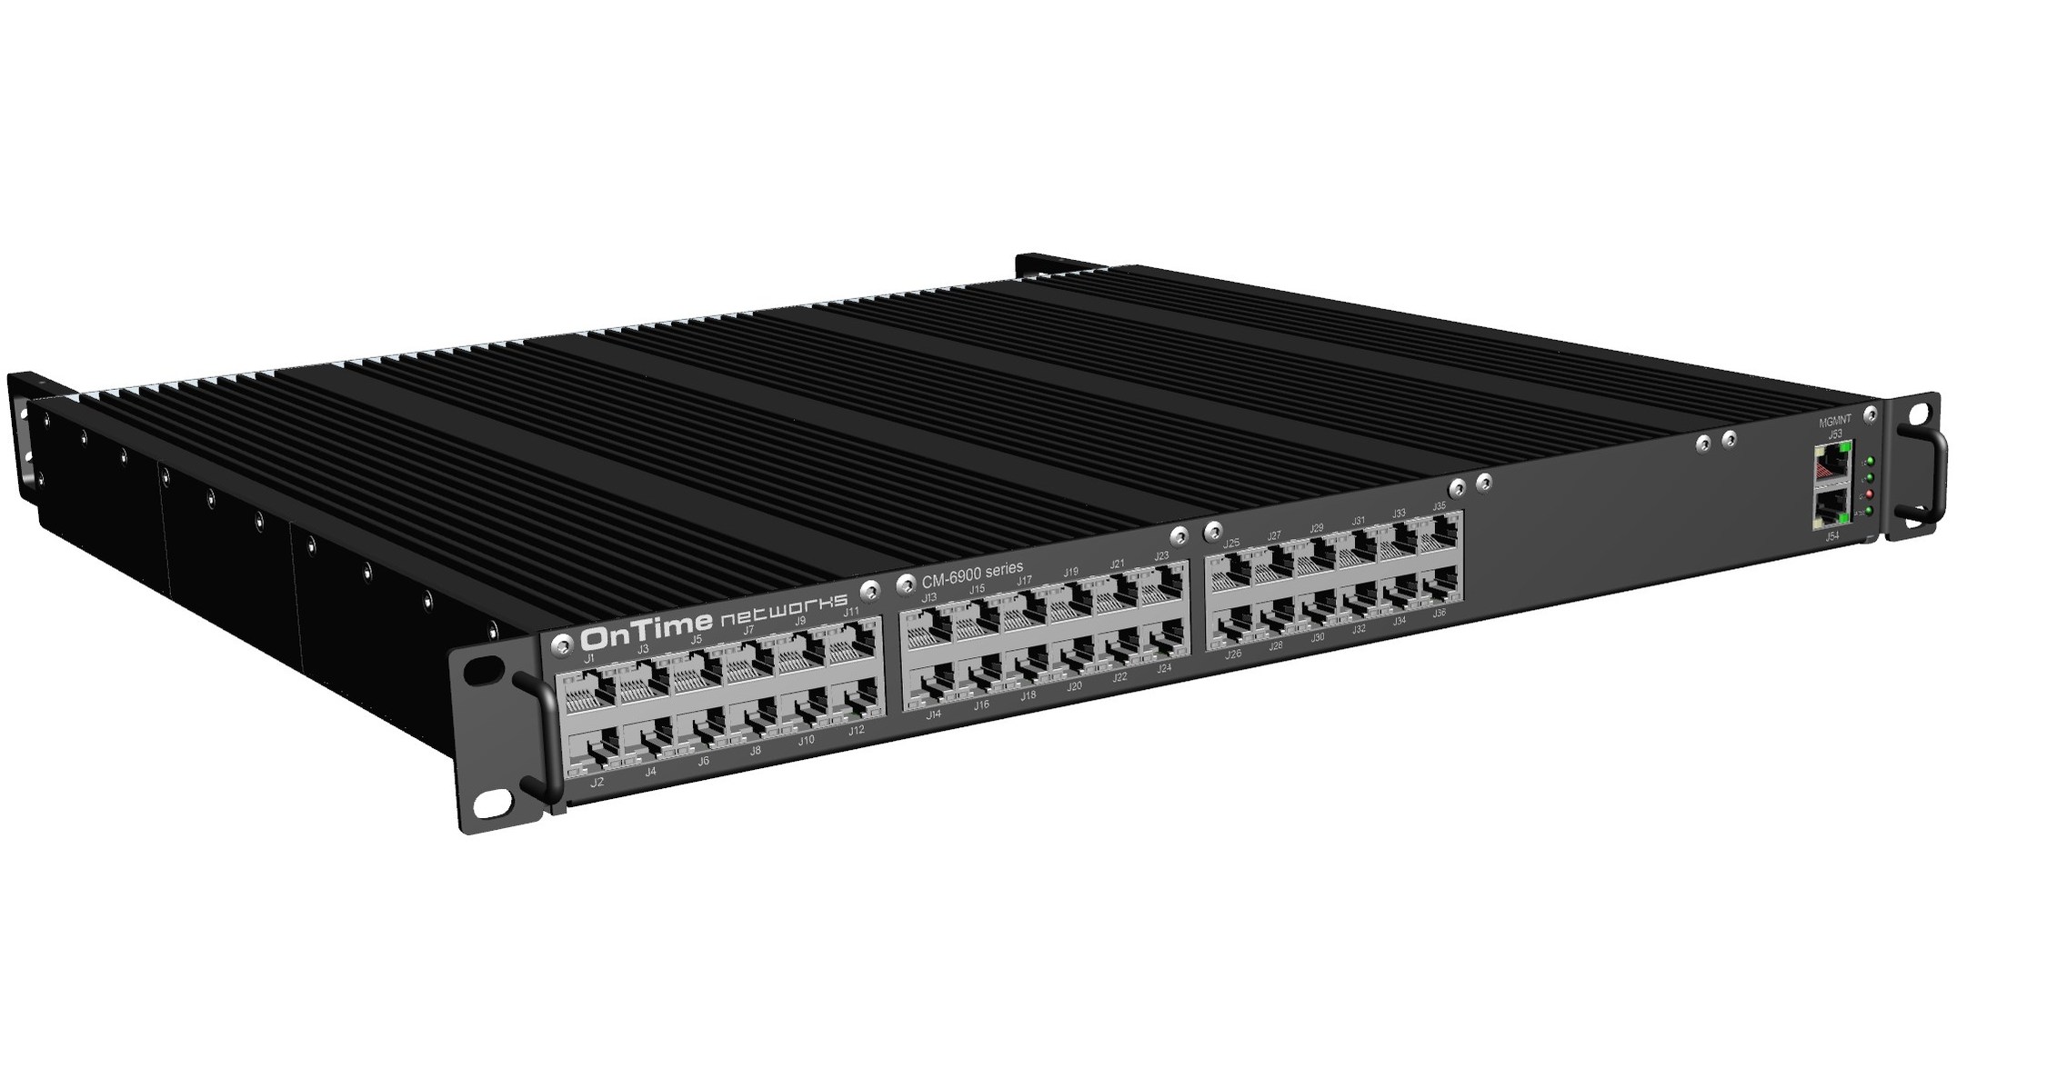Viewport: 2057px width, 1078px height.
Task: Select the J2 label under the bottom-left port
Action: [x=597, y=782]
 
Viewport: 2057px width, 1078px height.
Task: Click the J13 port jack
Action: [x=928, y=628]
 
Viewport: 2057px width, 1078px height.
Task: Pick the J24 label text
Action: [x=1163, y=668]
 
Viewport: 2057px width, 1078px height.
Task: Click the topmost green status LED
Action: [x=1869, y=462]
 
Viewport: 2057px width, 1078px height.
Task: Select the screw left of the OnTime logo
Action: [x=563, y=642]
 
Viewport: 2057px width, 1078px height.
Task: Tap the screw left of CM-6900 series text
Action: [x=905, y=582]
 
